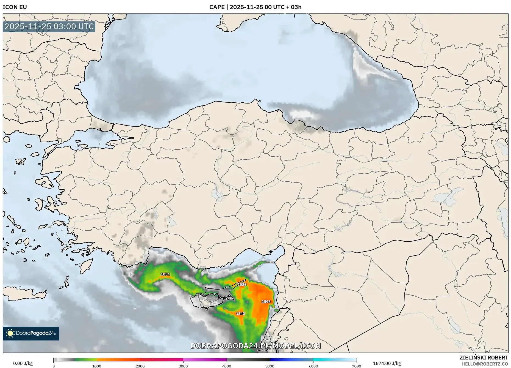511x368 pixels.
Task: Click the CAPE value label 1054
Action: pos(165,274)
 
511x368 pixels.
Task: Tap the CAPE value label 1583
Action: pos(242,284)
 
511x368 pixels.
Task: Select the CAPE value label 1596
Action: pos(266,302)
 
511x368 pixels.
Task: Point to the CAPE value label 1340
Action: pos(240,314)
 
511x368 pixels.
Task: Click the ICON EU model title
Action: pos(15,7)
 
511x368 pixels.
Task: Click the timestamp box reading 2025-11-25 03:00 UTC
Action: pos(49,26)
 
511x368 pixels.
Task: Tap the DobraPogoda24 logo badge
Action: pos(31,333)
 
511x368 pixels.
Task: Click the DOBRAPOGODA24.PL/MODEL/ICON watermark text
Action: pos(255,346)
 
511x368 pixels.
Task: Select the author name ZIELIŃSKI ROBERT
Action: pos(484,358)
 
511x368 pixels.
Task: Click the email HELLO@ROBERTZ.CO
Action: pos(485,364)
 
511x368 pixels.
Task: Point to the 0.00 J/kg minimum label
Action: pos(23,363)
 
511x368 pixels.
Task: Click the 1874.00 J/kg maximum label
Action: pos(387,363)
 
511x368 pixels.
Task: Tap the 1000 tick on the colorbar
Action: pos(97,366)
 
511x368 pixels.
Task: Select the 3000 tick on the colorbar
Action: pos(183,366)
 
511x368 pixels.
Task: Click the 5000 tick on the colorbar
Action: pos(270,366)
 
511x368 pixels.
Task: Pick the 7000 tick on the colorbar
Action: pos(356,366)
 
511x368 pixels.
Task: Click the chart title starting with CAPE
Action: pos(255,7)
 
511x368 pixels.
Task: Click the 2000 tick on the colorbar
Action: pos(140,366)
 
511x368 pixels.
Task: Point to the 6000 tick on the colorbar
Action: pos(313,366)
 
